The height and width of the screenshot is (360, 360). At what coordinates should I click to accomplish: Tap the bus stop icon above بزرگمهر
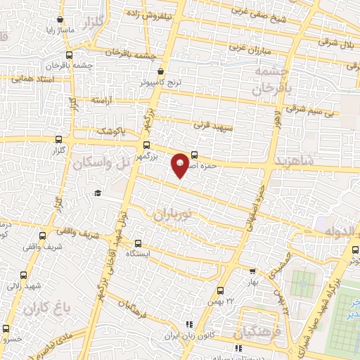tap(146, 146)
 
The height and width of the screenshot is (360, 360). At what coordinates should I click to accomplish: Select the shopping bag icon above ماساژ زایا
tap(61, 20)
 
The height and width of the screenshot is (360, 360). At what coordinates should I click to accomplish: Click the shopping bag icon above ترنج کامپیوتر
tap(162, 71)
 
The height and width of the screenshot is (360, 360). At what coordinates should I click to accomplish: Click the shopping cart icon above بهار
tap(253, 270)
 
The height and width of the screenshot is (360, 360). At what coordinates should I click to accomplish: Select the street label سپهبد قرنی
tap(210, 123)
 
